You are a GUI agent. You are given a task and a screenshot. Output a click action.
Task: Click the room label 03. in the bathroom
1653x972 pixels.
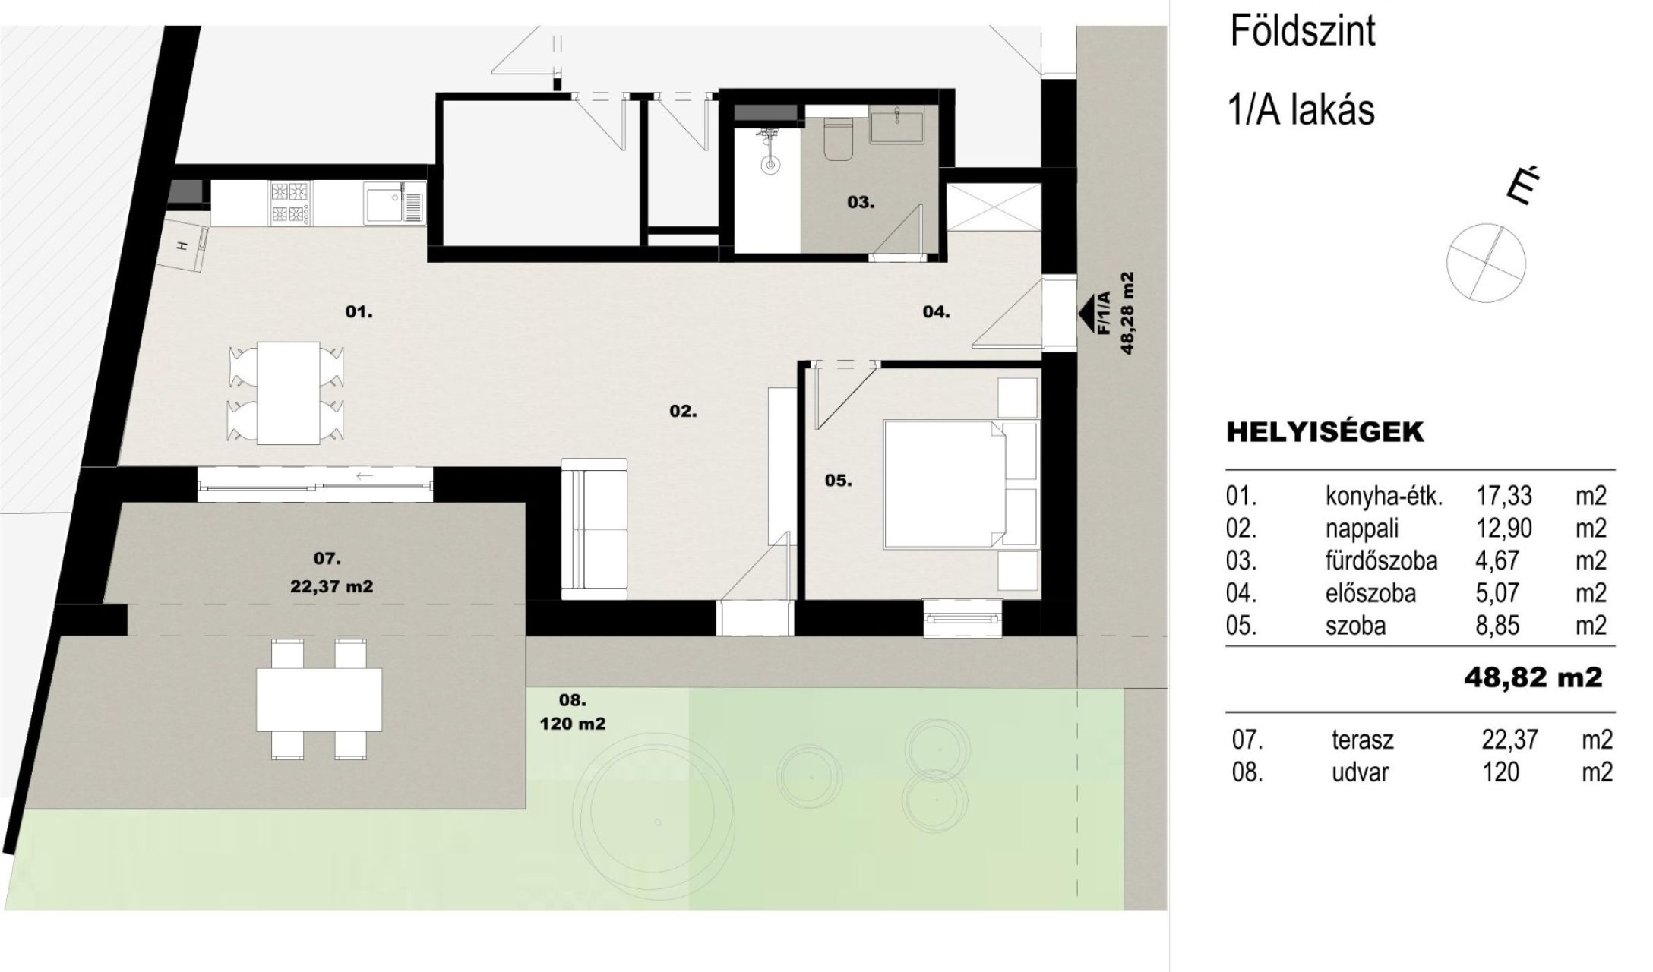[861, 203]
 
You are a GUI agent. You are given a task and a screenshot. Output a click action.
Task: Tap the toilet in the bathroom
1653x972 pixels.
[839, 140]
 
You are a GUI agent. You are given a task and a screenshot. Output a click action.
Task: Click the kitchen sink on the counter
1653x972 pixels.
[393, 204]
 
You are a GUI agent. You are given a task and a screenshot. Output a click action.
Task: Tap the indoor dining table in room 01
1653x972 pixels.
[288, 393]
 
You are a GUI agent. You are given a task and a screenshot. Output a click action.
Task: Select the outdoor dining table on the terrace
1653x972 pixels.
[319, 699]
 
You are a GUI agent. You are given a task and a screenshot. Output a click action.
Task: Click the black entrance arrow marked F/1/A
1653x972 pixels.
[1092, 311]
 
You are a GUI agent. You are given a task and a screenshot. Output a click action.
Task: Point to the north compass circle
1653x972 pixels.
[1486, 264]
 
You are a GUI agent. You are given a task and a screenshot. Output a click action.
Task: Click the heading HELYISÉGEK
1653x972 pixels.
[1325, 433]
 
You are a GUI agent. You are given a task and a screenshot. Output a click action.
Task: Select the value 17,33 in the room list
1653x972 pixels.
[1504, 497]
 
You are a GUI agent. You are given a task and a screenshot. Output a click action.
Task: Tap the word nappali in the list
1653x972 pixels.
[1362, 529]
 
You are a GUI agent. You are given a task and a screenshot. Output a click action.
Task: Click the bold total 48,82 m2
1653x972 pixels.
[1533, 677]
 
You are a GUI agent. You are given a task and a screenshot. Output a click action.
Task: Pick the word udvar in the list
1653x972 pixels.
[1360, 773]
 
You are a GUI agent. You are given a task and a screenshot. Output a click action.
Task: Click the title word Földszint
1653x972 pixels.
[1302, 31]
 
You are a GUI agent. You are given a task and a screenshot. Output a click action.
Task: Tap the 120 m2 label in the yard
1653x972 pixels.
[573, 724]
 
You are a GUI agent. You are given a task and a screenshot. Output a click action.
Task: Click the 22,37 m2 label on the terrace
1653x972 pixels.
[332, 586]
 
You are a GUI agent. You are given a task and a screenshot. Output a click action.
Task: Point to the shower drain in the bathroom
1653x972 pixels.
[770, 164]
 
